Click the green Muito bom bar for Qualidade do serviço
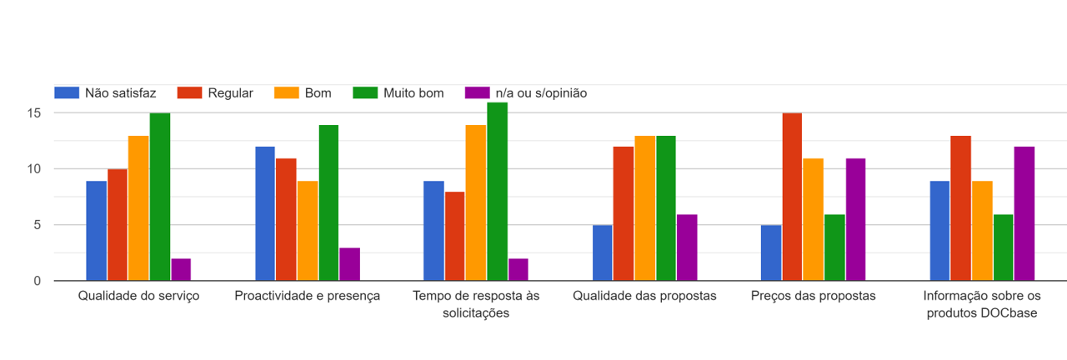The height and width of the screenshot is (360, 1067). (160, 197)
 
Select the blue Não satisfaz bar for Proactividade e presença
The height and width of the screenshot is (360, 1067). (265, 213)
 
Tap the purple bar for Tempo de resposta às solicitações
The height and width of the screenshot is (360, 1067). (518, 269)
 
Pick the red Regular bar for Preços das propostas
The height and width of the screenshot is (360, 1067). (793, 197)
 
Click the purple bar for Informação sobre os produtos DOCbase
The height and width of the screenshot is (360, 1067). (1024, 213)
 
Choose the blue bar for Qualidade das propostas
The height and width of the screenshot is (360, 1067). (603, 252)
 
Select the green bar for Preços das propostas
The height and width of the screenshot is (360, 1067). (834, 247)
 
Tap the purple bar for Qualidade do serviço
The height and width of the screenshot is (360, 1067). (181, 269)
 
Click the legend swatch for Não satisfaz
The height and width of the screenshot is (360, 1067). (67, 93)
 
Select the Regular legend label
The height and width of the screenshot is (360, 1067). (232, 93)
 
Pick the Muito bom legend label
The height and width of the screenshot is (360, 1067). (413, 93)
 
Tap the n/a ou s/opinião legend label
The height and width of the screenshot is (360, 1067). (541, 93)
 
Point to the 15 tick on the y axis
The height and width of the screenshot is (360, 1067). (35, 112)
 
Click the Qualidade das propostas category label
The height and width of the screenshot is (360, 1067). (644, 296)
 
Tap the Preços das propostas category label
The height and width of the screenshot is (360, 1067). (813, 296)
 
